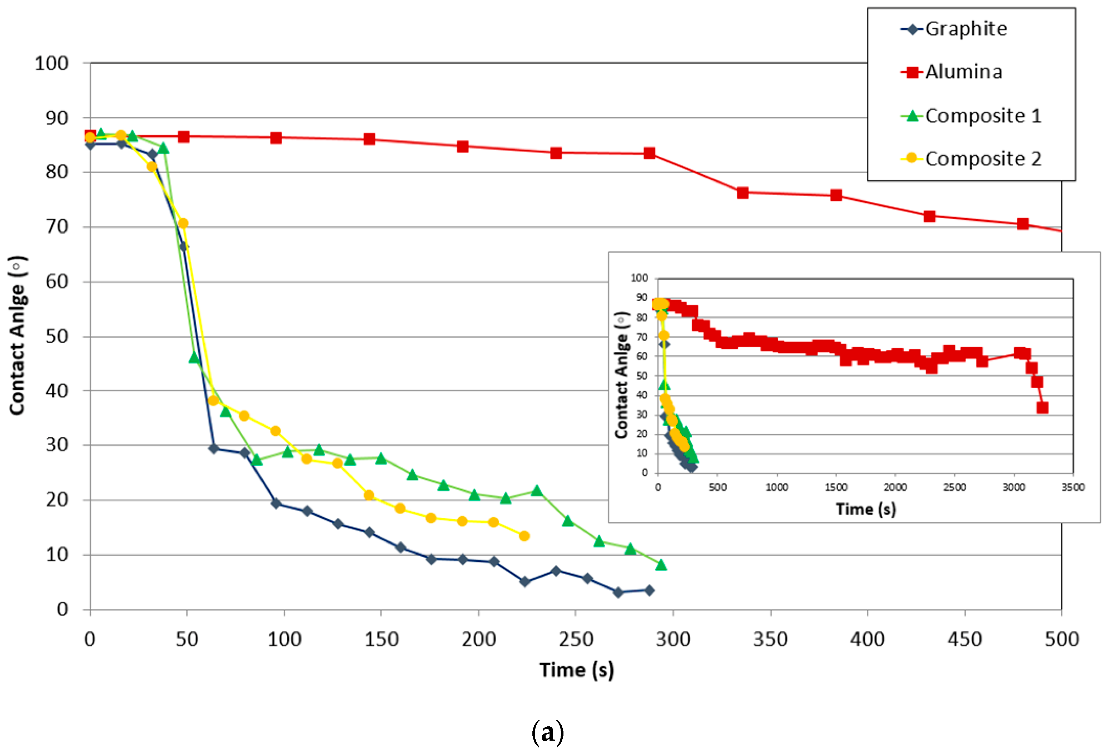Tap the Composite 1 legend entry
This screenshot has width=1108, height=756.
click(983, 116)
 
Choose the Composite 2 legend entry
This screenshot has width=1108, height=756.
click(983, 159)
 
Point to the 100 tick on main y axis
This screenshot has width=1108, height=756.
click(51, 63)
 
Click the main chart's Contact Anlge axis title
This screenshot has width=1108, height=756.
click(18, 336)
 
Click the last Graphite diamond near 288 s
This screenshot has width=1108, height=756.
click(649, 591)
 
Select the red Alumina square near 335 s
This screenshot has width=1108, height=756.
click(743, 193)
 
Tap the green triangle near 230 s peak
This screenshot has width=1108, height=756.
click(537, 491)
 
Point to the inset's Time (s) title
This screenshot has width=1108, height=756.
click(866, 509)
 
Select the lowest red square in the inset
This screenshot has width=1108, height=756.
click(1042, 408)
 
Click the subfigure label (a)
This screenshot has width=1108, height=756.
click(548, 733)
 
